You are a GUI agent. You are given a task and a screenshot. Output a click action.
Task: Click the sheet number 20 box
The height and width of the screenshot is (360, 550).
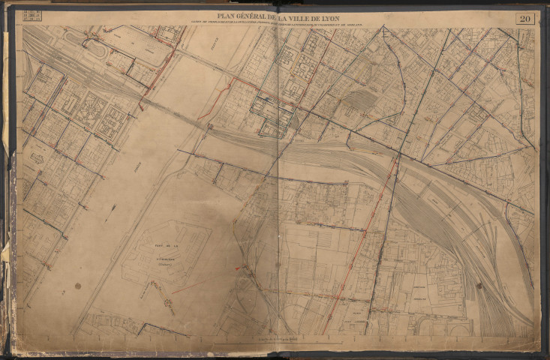524,19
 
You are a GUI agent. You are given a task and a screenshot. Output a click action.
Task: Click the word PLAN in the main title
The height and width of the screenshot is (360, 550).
228,16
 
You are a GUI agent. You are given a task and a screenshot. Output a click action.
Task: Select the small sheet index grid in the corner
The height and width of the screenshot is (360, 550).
33,15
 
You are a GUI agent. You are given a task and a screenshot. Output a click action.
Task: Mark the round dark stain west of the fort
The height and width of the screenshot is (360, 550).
76,285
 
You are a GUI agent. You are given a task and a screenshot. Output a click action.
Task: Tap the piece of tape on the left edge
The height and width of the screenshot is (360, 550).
7,247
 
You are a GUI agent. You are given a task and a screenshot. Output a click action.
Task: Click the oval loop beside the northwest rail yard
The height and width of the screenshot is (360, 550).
95,48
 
